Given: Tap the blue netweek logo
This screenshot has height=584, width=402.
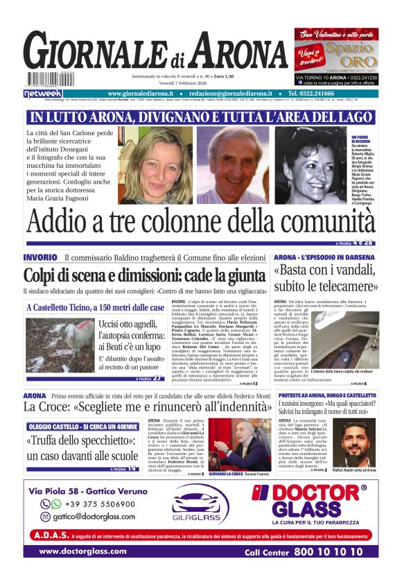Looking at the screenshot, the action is coord(43,93).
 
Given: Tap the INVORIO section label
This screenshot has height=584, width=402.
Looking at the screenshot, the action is coord(45,258).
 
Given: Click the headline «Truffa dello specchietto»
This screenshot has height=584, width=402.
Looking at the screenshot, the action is coord(82,448).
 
